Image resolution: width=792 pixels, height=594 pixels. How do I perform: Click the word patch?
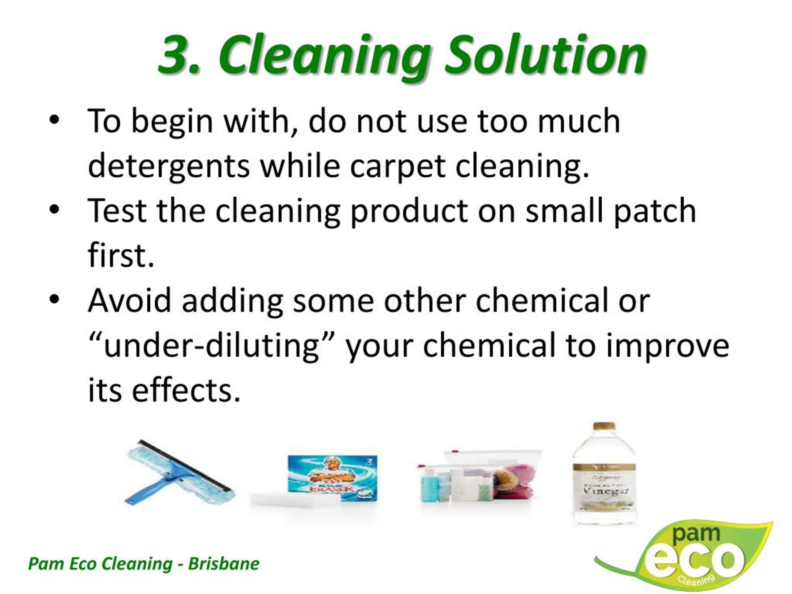click(655, 211)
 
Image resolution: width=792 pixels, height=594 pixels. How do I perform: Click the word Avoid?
click(130, 300)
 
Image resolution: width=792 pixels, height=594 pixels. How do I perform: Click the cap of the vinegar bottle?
click(604, 427)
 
